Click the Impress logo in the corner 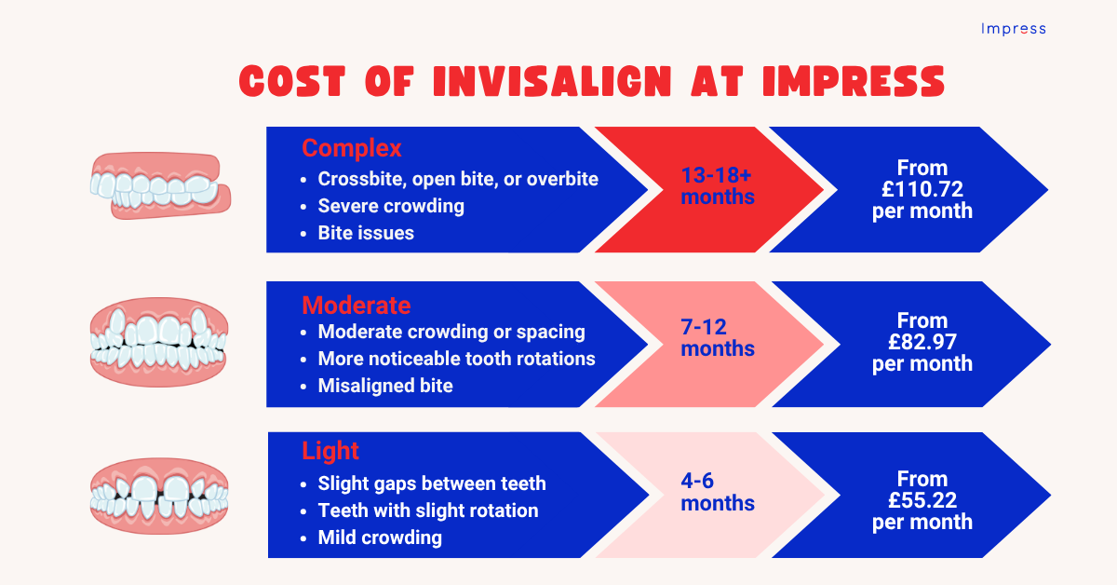(x=1013, y=29)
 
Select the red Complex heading (x=352, y=148)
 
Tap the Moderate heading (x=356, y=305)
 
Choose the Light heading (x=330, y=452)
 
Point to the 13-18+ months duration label (x=718, y=186)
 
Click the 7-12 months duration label (x=718, y=338)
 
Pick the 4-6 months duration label (x=718, y=493)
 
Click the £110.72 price (x=922, y=190)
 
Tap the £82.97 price (x=922, y=342)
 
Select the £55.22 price (x=922, y=500)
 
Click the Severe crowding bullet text (x=391, y=206)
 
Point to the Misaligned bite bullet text (x=385, y=386)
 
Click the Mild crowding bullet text (x=380, y=537)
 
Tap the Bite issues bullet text (x=366, y=233)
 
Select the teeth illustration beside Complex (x=159, y=187)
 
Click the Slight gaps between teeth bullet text (x=432, y=483)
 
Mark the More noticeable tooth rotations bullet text (x=456, y=359)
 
